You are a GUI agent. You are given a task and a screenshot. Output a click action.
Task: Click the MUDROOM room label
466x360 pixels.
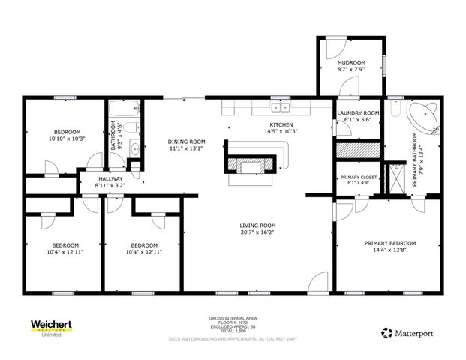351,62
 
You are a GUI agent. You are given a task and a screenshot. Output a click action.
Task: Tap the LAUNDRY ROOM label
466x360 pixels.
357,113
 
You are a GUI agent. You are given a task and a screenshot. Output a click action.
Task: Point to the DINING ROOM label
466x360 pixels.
186,142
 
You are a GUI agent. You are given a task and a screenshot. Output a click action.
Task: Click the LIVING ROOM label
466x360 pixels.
258,226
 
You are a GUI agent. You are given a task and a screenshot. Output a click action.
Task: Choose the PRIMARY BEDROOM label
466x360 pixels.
389,243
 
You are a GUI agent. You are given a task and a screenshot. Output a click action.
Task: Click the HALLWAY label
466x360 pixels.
111,178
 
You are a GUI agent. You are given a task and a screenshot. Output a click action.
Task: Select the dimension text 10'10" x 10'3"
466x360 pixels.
67,138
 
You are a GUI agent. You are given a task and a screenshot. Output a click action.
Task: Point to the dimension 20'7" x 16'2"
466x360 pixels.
258,233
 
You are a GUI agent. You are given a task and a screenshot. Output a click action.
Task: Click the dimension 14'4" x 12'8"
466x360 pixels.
389,250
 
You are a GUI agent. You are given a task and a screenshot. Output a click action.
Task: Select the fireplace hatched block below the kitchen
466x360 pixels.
251,164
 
